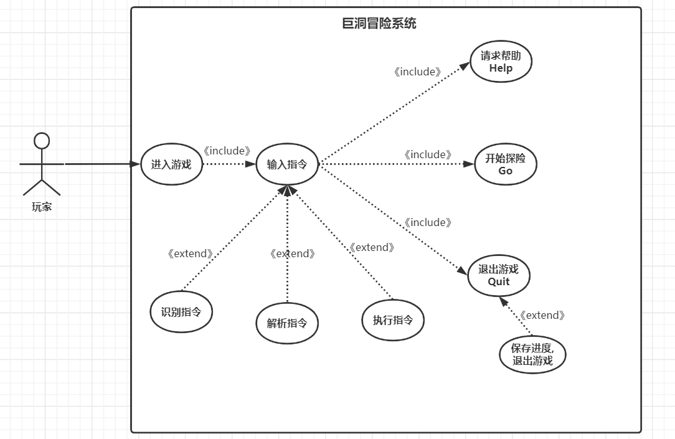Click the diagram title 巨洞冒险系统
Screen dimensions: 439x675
pos(379,24)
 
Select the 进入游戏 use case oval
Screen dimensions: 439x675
pos(171,164)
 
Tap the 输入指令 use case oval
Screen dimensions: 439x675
pos(287,164)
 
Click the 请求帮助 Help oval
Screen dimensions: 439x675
pos(501,62)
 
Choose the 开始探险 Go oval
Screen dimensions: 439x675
pos(505,164)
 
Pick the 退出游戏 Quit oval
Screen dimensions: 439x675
pos(498,275)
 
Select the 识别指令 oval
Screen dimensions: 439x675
pos(181,312)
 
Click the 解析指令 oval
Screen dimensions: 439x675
pos(287,323)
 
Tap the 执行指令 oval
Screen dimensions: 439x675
pos(393,320)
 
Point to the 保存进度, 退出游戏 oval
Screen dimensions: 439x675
pos(532,354)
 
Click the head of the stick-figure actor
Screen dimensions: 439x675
pos(42,140)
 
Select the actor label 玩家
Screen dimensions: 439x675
pos(42,207)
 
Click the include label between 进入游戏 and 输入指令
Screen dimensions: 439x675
pos(227,151)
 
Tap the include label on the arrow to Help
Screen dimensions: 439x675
pos(418,72)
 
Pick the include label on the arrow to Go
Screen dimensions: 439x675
pos(428,154)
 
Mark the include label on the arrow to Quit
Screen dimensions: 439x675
pos(428,222)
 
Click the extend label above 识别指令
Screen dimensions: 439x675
pos(191,254)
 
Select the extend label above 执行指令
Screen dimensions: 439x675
pos(372,247)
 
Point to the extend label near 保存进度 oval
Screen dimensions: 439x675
pos(542,315)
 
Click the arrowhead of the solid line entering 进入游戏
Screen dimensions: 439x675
pos(135,164)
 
